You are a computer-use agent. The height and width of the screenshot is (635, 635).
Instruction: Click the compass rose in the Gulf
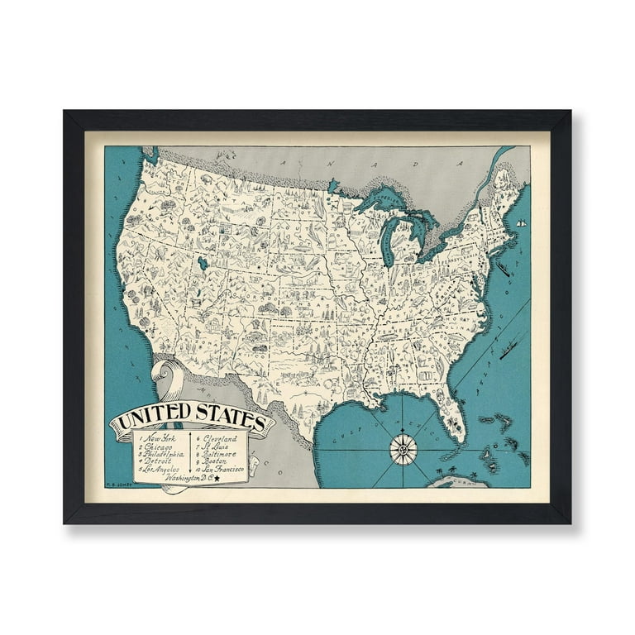pyautogui.click(x=403, y=449)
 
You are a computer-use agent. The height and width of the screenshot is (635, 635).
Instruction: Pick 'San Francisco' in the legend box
pyautogui.click(x=223, y=470)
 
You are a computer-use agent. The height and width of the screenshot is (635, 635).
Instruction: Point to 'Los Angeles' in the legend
pyautogui.click(x=161, y=470)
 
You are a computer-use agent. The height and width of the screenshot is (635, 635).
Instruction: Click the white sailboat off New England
pyautogui.click(x=521, y=223)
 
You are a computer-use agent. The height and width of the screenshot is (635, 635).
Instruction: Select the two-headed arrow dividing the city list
pyautogui.click(x=190, y=451)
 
